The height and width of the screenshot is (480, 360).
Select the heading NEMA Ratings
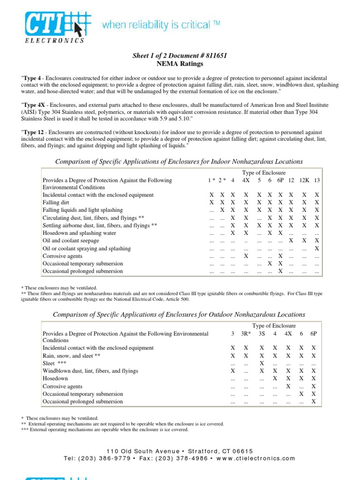click(x=180, y=62)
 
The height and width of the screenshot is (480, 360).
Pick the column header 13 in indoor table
click(x=317, y=180)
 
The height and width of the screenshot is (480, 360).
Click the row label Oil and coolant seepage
click(x=71, y=241)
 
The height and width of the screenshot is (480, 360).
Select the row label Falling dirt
click(x=57, y=202)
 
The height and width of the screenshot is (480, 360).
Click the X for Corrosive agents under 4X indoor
click(x=246, y=256)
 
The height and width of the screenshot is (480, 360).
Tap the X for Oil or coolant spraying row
click(x=317, y=248)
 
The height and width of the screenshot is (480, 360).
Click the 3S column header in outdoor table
click(x=262, y=333)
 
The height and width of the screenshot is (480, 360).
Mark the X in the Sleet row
click(x=262, y=363)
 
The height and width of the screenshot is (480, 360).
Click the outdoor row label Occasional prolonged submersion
click(x=83, y=402)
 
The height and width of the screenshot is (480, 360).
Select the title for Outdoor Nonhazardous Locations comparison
click(x=179, y=315)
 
